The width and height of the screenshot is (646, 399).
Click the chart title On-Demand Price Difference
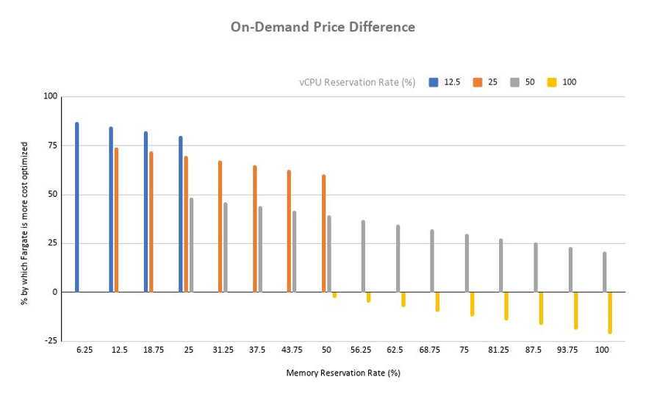click(323, 27)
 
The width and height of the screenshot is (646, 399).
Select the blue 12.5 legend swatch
click(434, 82)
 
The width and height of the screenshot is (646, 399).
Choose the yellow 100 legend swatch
click(551, 82)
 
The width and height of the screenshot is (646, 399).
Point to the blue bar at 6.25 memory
click(77, 207)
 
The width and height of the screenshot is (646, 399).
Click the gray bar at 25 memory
click(191, 245)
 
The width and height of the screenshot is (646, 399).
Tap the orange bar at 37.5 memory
click(255, 229)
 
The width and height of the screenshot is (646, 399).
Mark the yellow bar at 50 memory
click(334, 295)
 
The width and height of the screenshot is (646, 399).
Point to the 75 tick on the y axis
click(51, 146)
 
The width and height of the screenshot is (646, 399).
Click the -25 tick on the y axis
click(49, 341)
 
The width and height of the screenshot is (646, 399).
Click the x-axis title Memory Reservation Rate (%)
click(342, 373)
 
